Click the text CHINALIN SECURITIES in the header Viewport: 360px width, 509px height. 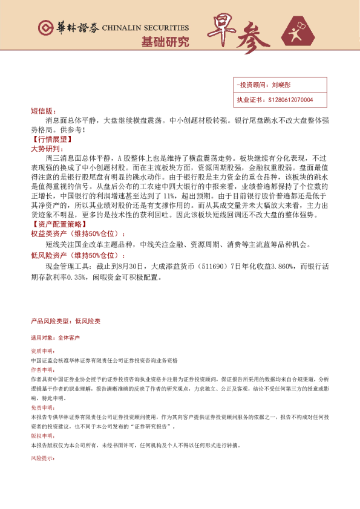click(145, 28)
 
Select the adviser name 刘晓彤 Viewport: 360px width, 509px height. click(282, 86)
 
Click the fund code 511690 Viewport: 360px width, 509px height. click(218, 267)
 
